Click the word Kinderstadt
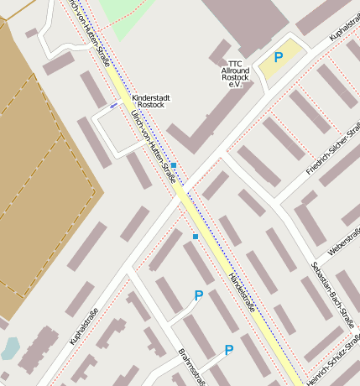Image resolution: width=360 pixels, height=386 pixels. [x=151, y=98]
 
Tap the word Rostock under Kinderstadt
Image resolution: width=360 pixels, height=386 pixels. [x=151, y=107]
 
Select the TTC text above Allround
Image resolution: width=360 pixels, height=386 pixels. [x=234, y=64]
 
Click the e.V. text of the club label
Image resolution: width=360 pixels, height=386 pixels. [x=234, y=86]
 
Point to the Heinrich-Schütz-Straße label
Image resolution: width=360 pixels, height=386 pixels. [x=334, y=364]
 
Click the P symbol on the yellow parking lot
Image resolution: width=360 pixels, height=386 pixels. [x=279, y=57]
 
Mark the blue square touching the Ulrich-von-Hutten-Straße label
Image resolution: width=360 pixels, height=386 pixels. [x=174, y=165]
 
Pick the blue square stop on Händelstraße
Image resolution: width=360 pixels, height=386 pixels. [x=196, y=237]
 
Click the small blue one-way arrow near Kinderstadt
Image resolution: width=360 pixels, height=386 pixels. [x=114, y=106]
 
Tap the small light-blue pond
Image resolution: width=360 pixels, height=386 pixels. [x=10, y=347]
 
